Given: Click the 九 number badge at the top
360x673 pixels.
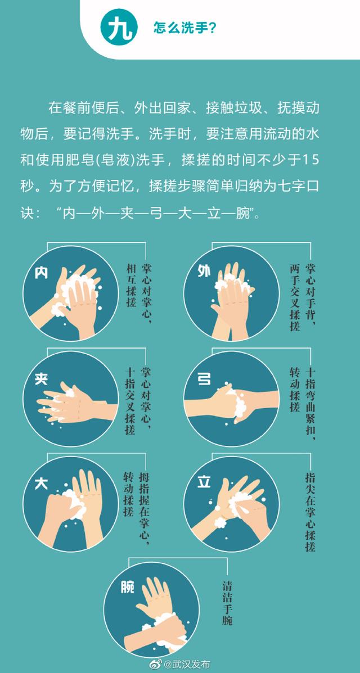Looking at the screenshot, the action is pos(119,28).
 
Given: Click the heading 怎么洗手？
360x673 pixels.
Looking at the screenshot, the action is pos(185,28).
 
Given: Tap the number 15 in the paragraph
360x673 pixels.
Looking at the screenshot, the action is pos(311,161).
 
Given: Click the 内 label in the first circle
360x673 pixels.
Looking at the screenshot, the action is pos(41,273).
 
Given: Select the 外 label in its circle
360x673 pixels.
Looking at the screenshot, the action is pos(204,271).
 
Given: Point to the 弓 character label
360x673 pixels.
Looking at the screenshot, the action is pos(204,378).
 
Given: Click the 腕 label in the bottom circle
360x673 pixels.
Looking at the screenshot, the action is pos(128,587).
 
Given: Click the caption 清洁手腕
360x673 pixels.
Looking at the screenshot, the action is pos(227,603).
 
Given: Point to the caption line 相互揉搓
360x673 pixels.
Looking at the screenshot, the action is pos(131,285).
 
